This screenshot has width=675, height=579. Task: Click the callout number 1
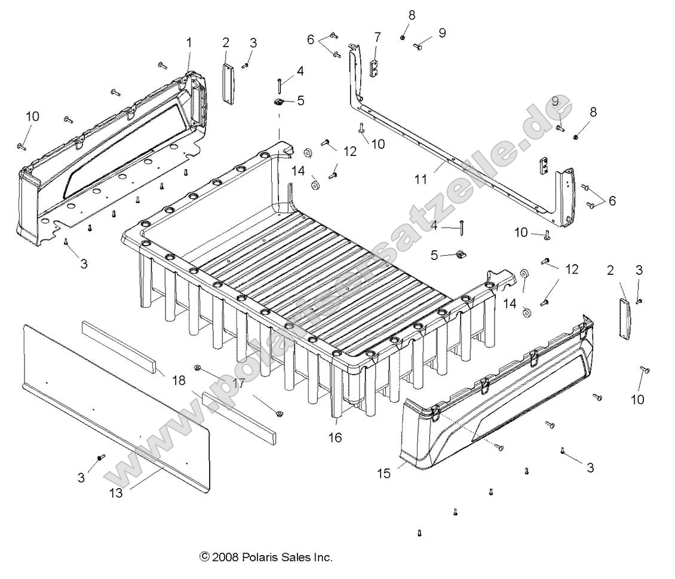pos(189,42)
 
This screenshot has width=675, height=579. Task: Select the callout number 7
pos(377,38)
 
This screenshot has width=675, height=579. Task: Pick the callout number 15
pos(383,473)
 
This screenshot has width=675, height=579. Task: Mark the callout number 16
pos(335,438)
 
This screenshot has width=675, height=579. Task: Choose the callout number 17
pos(238,383)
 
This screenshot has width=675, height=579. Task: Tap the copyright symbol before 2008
pos(204,557)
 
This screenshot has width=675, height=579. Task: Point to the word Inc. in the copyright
pos(323,557)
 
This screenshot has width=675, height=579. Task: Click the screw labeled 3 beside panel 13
pos(100,458)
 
